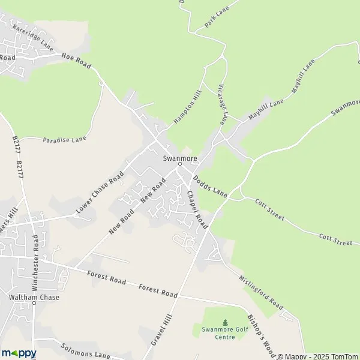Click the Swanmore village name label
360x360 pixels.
pyautogui.click(x=179, y=158)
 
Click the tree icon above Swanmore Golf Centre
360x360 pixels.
pyautogui.click(x=225, y=322)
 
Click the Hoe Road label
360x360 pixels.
pyautogui.click(x=76, y=60)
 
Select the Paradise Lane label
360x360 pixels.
pyautogui.click(x=65, y=139)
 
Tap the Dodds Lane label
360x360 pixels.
pyautogui.click(x=210, y=187)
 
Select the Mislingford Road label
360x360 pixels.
pyautogui.click(x=260, y=292)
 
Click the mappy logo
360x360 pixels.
pyautogui.click(x=19, y=353)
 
